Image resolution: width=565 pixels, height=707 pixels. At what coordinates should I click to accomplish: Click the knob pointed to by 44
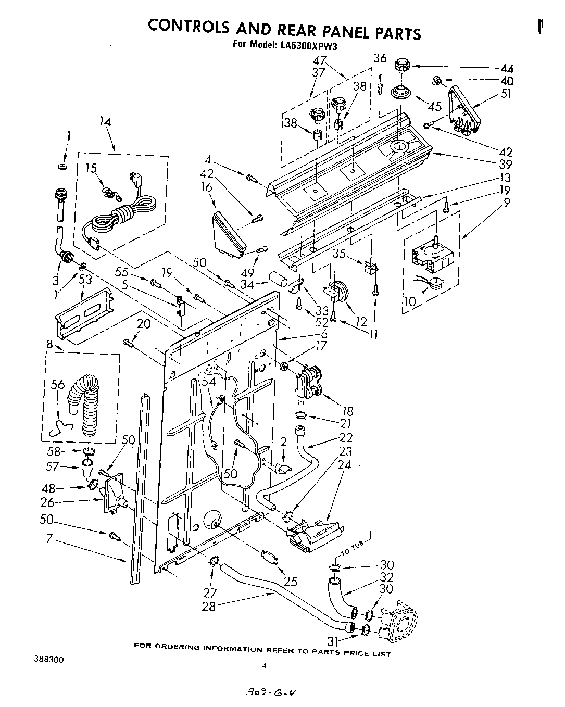(401, 67)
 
